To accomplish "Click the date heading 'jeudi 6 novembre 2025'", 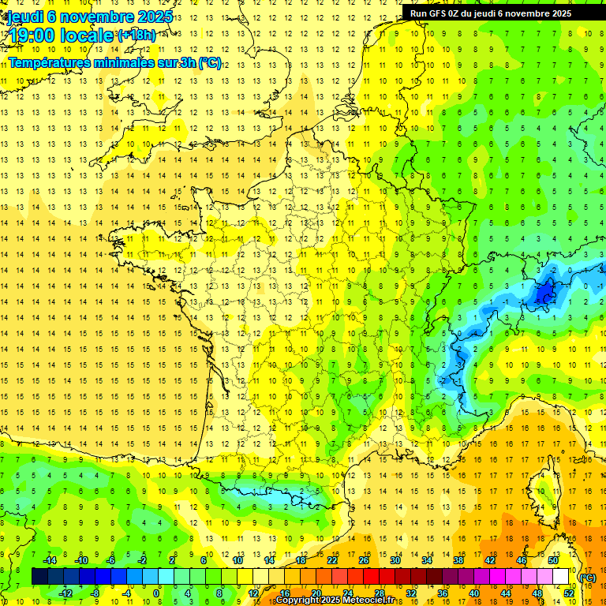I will click(90, 17).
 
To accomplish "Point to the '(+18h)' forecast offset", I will click(137, 35).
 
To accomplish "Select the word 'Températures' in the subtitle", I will click(47, 62).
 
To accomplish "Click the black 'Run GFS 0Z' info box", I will click(496, 13).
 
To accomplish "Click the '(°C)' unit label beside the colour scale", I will click(587, 578).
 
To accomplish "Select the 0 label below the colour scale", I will click(156, 593).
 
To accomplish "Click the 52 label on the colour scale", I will click(569, 593).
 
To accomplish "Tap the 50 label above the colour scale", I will click(553, 561).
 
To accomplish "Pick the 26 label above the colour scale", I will click(364, 561).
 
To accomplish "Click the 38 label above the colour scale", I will click(458, 561).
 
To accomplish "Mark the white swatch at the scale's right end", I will click(561, 577).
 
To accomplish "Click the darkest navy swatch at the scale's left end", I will click(39, 577).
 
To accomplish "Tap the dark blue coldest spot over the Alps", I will click(544, 295).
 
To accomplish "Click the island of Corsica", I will click(542, 493).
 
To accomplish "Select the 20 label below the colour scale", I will click(316, 593).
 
